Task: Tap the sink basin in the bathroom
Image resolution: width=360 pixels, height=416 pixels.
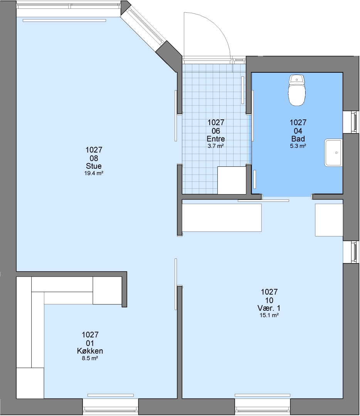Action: [x=333, y=153]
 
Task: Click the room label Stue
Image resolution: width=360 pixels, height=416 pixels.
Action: [x=94, y=166]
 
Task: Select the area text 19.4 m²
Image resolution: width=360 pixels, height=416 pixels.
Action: [x=94, y=173]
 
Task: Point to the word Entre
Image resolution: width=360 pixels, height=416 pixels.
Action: [x=216, y=139]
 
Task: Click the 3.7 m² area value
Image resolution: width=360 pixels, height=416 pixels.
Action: [x=216, y=146]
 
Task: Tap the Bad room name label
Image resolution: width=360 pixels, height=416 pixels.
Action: [x=298, y=139]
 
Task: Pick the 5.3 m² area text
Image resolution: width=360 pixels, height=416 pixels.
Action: [x=298, y=146]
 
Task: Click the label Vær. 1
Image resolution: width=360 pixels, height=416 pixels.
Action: [x=269, y=308]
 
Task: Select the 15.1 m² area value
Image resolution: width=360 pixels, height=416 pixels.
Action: [x=269, y=315]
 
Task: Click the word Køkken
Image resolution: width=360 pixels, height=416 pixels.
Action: [x=90, y=351]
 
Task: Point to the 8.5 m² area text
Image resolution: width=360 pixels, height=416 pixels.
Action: [x=90, y=358]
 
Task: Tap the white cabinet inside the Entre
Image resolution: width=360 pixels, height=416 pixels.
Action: [x=232, y=180]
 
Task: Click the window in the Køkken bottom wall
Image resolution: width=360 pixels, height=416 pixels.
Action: [x=111, y=406]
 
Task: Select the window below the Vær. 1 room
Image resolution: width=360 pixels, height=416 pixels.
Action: [x=262, y=406]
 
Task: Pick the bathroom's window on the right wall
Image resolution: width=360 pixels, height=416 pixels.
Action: [x=351, y=122]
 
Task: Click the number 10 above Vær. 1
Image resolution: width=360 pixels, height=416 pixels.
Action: [x=269, y=300]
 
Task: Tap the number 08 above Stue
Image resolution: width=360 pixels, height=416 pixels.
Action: [x=94, y=158]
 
